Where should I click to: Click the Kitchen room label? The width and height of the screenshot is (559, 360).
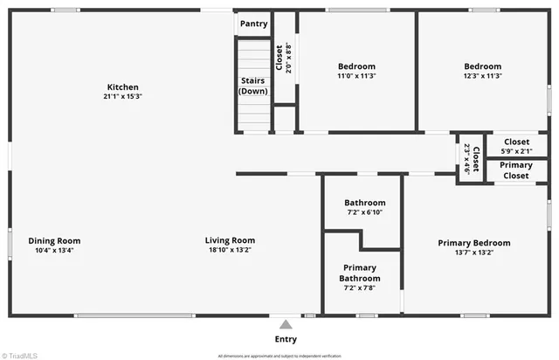[122, 87]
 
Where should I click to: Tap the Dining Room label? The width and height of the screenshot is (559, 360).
[54, 241]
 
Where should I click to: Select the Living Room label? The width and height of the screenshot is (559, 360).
[230, 241]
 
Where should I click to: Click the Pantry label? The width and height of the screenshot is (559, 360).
[253, 24]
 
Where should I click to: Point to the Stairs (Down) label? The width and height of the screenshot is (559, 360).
[253, 86]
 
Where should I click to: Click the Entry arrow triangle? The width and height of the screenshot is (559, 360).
[286, 324]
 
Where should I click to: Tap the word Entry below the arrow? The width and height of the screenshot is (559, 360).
[286, 339]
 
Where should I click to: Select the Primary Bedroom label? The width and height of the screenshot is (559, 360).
[473, 243]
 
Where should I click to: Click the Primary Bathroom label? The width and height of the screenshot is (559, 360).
[360, 273]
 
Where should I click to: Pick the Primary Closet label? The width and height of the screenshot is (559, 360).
[516, 170]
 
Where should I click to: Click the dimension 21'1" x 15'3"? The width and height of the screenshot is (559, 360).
[122, 97]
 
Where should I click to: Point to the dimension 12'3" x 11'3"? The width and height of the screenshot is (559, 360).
[482, 76]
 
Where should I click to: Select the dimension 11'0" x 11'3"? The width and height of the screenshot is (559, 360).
[356, 76]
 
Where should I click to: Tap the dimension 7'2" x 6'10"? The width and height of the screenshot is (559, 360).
[364, 212]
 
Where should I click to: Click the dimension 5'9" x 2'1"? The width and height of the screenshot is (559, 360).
[516, 150]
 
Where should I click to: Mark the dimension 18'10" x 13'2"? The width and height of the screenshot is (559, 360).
[230, 251]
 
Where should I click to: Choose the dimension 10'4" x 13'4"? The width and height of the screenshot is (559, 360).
[54, 251]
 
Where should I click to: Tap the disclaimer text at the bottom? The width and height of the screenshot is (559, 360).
[279, 356]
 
